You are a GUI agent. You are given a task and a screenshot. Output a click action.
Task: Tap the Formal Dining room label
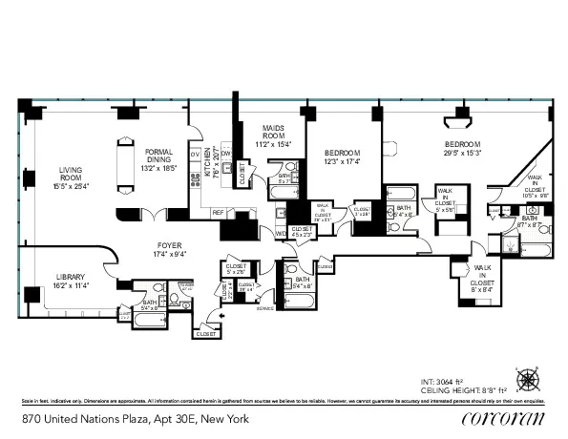coord(159,152)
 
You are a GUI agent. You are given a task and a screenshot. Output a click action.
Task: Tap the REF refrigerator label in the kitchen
coord(218,212)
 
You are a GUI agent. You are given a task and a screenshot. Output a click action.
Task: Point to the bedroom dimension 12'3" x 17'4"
coord(341,161)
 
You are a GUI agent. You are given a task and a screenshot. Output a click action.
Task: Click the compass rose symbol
coord(528,379)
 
